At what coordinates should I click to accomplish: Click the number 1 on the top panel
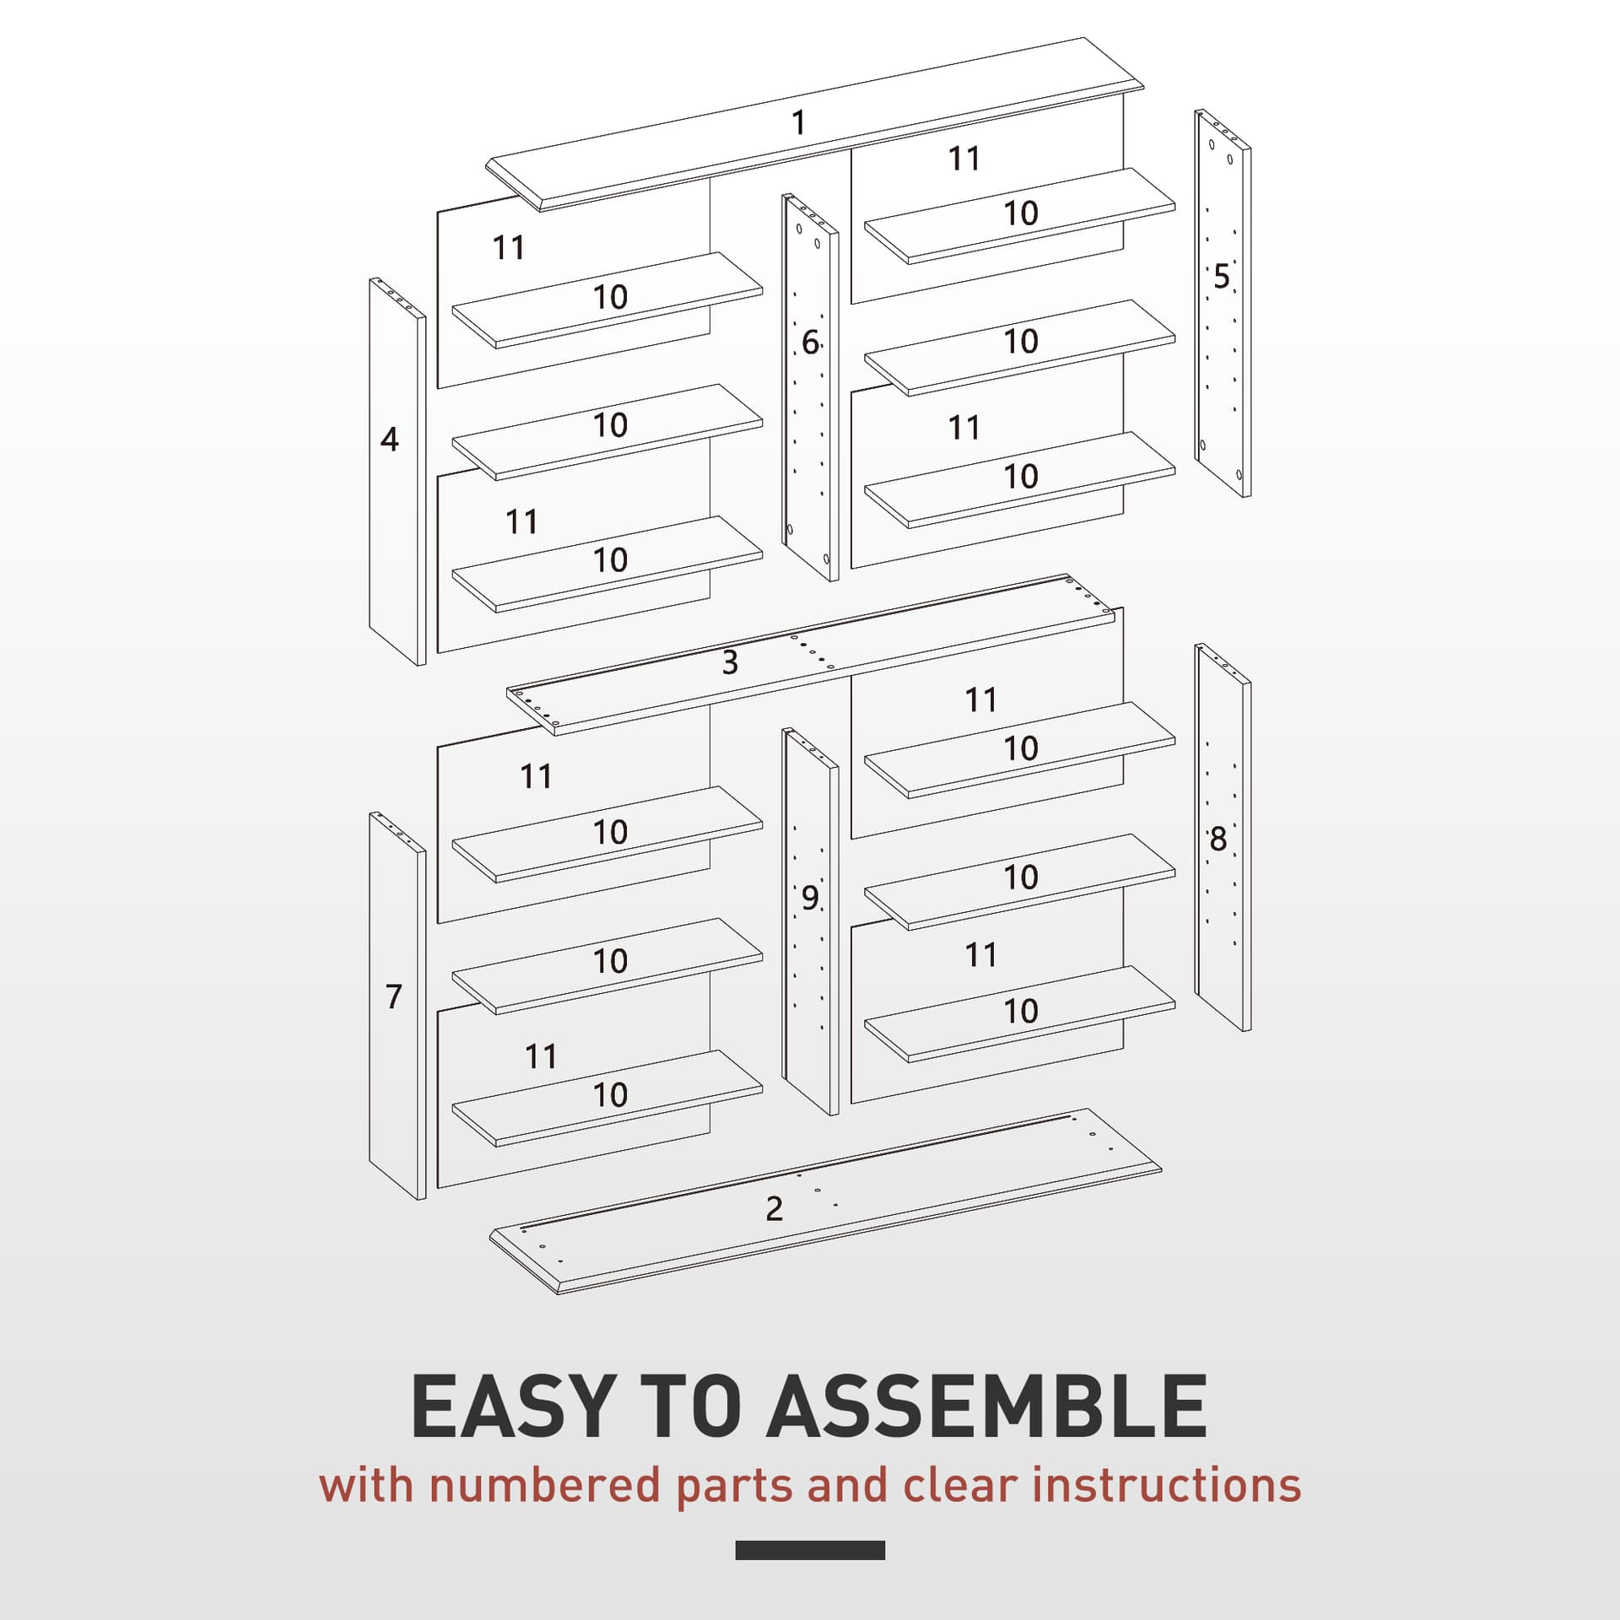click(x=798, y=123)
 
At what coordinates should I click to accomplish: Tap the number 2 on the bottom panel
click(x=774, y=1209)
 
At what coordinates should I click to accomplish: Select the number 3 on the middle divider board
click(x=730, y=662)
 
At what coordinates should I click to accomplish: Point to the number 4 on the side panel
click(x=389, y=440)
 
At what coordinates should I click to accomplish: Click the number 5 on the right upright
click(x=1221, y=277)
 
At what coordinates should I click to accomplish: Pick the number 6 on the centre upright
click(x=809, y=343)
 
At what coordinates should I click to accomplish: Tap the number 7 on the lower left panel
click(x=393, y=996)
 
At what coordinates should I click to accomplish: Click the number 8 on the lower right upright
click(x=1218, y=840)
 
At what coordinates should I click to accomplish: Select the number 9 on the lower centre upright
click(x=809, y=899)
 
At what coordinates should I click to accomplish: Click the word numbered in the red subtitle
click(x=544, y=1509)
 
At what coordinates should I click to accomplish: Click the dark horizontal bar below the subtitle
click(x=809, y=1574)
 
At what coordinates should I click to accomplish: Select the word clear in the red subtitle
click(x=960, y=1509)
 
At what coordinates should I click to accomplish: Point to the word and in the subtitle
click(x=847, y=1509)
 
